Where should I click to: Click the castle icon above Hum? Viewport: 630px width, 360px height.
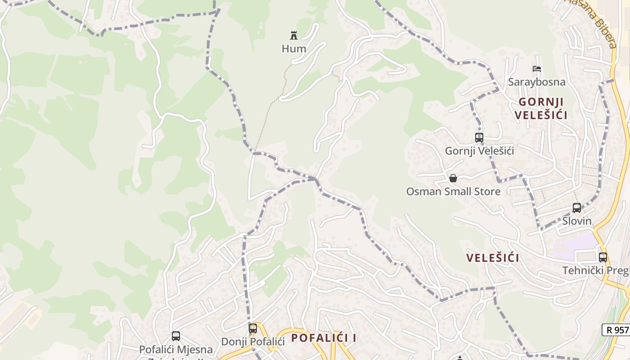[x=294, y=35]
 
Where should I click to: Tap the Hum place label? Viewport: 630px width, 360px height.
[x=294, y=49]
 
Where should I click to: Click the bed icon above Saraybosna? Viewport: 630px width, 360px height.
[x=536, y=69]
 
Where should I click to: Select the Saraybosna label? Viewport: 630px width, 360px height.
[x=536, y=82]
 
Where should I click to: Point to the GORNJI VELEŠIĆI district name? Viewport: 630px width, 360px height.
[x=540, y=108]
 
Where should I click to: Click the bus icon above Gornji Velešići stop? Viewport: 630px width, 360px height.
[x=479, y=138]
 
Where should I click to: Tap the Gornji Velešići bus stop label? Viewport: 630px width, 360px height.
[x=479, y=151]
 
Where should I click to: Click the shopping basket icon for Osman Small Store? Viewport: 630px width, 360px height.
[x=453, y=178]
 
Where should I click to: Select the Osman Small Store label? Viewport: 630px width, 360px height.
[x=453, y=192]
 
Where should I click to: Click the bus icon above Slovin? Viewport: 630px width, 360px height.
[x=577, y=208]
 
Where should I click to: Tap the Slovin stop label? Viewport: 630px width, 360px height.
[x=577, y=221]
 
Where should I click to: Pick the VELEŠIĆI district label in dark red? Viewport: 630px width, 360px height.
[x=493, y=258]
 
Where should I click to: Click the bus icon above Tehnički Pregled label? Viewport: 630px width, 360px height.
[x=603, y=257]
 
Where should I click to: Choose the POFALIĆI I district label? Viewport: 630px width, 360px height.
[x=324, y=338]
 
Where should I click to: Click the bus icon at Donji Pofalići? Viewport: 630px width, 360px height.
[x=253, y=328]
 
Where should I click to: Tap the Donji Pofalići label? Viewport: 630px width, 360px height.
[x=253, y=342]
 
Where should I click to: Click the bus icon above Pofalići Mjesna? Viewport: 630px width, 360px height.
[x=176, y=336]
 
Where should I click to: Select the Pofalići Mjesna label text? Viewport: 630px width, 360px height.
[x=176, y=349]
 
